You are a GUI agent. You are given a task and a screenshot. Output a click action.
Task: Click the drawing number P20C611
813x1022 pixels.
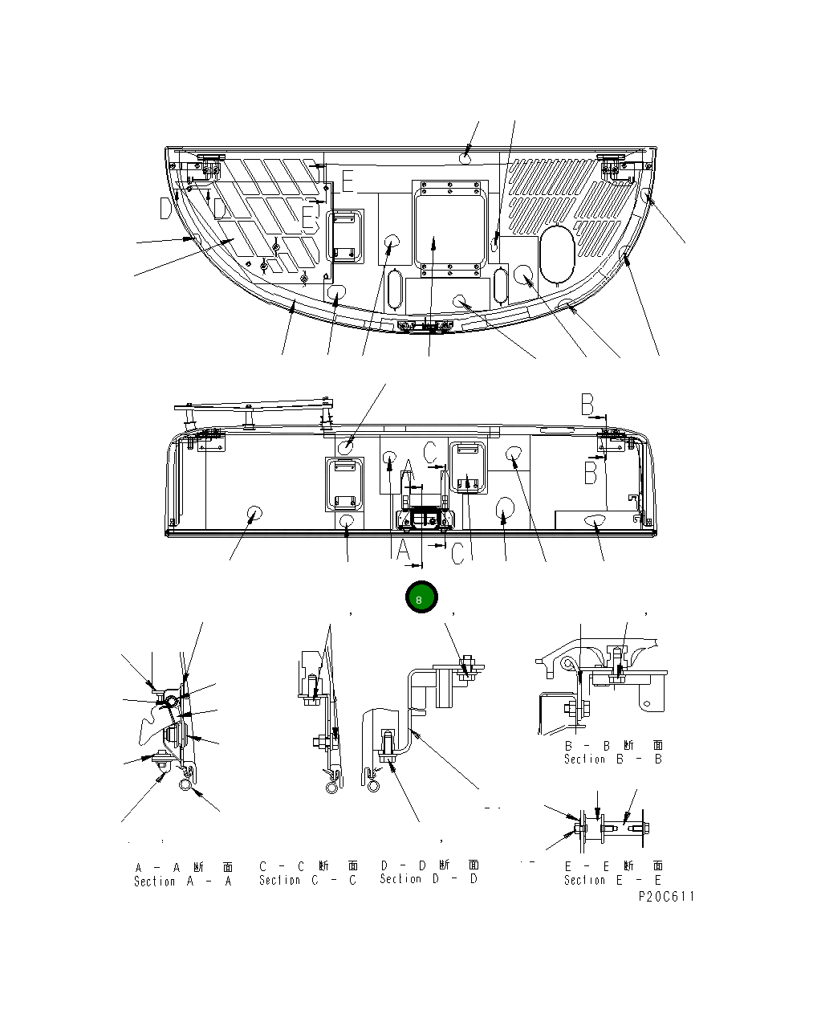[x=665, y=897]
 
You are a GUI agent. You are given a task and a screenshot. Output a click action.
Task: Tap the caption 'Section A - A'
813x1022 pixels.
[x=183, y=882]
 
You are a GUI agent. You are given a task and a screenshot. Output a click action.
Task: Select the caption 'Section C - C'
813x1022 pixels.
[x=307, y=881]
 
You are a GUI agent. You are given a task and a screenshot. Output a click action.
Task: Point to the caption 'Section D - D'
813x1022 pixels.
[x=429, y=879]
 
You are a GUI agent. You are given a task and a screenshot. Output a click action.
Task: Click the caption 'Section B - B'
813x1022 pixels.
[x=613, y=759]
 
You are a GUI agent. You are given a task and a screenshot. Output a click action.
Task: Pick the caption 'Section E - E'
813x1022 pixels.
[x=613, y=881]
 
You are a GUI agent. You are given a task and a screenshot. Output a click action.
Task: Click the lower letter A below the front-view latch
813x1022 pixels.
[x=403, y=551]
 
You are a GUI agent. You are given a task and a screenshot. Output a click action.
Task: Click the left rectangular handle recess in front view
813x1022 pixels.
[x=345, y=483]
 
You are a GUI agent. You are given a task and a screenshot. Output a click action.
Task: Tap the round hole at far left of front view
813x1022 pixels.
[x=255, y=514]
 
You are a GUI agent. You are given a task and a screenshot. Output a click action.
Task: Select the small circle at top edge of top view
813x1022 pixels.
[x=466, y=160]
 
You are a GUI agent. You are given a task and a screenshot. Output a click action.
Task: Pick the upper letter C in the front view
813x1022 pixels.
[x=431, y=450]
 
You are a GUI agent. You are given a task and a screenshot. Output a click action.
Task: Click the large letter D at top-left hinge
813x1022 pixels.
[x=166, y=209]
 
